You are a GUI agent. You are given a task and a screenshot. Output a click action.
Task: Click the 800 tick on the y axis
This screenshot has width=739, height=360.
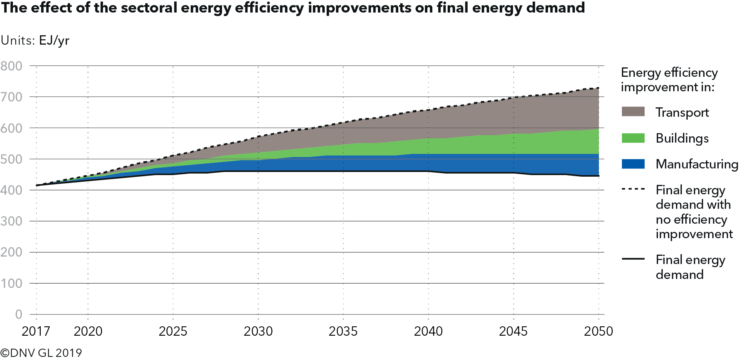[x=11, y=66]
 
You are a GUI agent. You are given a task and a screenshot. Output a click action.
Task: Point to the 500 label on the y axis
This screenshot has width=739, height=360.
[x=11, y=159]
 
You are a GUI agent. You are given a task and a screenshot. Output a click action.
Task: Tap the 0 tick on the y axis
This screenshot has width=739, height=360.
[x=18, y=314]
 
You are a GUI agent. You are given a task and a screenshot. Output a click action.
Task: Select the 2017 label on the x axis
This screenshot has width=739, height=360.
[x=36, y=331]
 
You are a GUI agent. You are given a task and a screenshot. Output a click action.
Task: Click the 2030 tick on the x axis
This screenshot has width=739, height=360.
[x=258, y=331]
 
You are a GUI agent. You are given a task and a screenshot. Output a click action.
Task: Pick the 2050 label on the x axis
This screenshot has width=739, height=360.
[x=598, y=331]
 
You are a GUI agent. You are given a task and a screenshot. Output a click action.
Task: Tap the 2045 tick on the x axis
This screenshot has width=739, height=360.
[x=513, y=331]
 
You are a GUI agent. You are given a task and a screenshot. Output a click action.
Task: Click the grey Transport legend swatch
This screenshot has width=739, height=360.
[x=633, y=112]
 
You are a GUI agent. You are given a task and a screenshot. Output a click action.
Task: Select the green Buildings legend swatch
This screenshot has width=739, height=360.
[x=633, y=138]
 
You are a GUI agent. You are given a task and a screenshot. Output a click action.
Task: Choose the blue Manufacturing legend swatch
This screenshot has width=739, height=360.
[x=633, y=164]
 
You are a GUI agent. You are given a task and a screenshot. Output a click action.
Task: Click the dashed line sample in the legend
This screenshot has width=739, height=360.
[x=633, y=189]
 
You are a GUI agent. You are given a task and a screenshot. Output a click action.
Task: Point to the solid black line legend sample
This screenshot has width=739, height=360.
[x=633, y=259]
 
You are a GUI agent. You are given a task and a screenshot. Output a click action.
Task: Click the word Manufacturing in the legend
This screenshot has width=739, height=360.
[x=697, y=164]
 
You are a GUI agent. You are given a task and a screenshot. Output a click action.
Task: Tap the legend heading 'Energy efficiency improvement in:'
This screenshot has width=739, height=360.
[x=669, y=80]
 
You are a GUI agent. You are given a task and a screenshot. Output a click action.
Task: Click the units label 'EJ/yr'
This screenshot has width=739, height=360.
[x=54, y=40]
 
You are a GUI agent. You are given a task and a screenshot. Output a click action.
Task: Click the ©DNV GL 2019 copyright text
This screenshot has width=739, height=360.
[x=41, y=353]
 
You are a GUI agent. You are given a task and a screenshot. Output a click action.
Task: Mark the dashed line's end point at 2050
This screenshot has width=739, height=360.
[x=598, y=88]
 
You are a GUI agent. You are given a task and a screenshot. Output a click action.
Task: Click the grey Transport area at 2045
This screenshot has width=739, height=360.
[x=513, y=116]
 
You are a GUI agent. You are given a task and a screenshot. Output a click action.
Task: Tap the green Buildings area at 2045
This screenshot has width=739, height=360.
[x=513, y=144]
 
